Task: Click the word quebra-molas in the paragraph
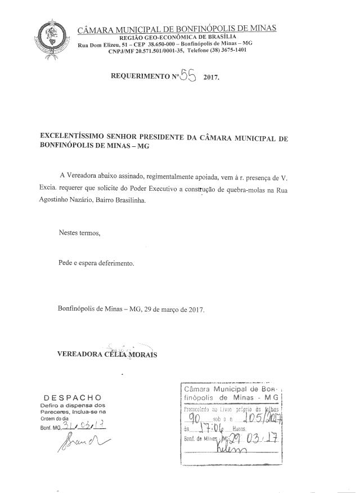258,191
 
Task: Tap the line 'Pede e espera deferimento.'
96,262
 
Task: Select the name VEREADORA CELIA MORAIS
107,355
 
